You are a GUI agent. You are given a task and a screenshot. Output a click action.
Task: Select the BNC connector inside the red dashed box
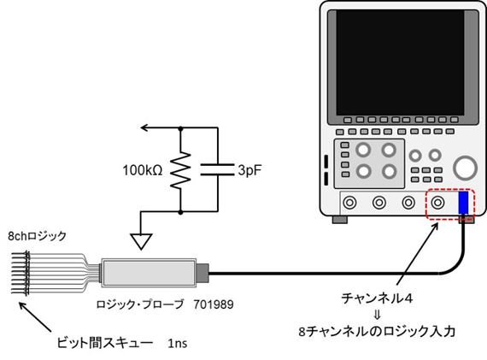[439, 204]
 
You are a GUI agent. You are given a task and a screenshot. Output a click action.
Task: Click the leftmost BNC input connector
[349, 204]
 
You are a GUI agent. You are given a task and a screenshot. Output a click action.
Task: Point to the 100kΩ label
[143, 170]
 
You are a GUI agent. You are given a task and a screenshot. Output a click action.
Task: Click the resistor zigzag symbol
[181, 171]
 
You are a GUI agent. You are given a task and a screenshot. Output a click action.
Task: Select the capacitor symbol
[211, 170]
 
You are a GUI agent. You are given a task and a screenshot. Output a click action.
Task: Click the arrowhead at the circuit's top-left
[145, 128]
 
